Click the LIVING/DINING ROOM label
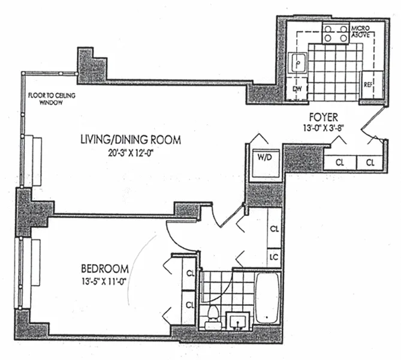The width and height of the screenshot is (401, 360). pos(131,140)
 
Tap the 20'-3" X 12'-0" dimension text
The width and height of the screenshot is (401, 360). pos(131,153)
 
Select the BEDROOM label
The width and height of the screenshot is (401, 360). pos(105,269)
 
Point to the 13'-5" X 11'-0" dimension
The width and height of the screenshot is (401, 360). pos(104,281)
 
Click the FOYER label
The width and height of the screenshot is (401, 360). pos(324,117)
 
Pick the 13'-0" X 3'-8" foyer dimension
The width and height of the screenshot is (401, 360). pos(323,128)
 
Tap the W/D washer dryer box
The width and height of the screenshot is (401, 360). pos(265,163)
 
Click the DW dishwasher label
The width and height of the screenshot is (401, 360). pos(297,89)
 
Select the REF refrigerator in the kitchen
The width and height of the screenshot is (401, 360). pos(372,85)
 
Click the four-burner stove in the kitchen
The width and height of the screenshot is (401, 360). pos(336,34)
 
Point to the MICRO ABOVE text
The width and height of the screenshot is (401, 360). pos(360,31)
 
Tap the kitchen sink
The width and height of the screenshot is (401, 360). pos(298,63)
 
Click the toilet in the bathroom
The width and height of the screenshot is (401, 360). pos(213,317)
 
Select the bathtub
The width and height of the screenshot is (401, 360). pos(267,298)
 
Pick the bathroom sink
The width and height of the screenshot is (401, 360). pos(238,320)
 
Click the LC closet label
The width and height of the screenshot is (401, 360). pos(274,257)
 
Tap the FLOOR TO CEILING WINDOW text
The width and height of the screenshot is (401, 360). pos(52,99)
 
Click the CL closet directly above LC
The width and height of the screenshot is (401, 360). pos(275,229)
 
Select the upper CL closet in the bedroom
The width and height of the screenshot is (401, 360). pos(189,274)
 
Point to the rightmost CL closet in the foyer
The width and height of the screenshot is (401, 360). pos(370,163)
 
